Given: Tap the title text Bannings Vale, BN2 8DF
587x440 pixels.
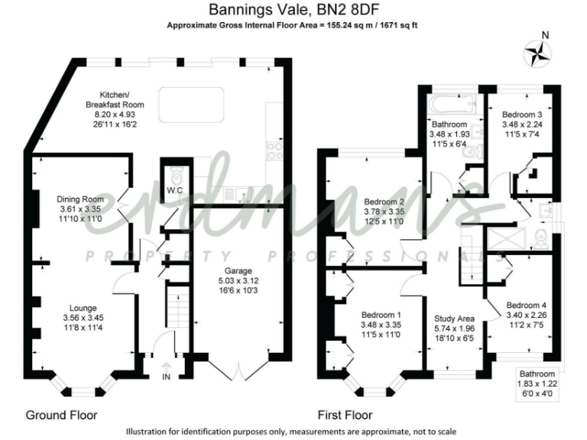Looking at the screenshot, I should (293, 10).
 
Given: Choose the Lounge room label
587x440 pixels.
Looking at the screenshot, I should (80, 308).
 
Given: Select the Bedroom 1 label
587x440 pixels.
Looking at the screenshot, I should (380, 314).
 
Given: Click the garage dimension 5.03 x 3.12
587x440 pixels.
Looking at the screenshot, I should (228, 280).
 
